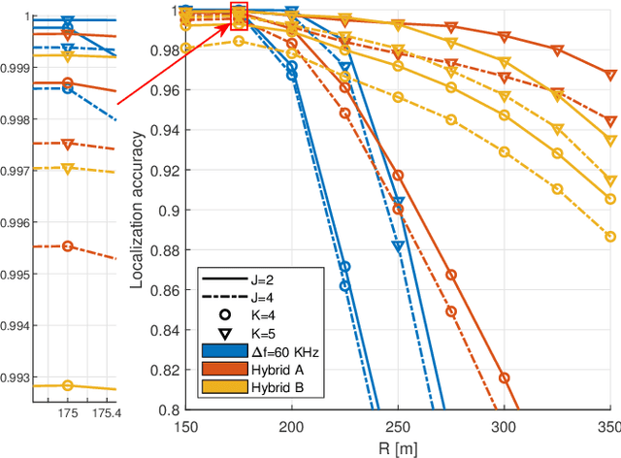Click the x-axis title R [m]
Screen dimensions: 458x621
coord(398,448)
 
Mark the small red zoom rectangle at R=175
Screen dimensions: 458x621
coord(239,12)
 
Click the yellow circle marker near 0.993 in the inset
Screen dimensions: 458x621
coord(67,385)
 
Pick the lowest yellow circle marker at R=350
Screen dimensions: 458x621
coord(609,236)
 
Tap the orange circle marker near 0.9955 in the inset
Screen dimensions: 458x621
coord(67,246)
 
